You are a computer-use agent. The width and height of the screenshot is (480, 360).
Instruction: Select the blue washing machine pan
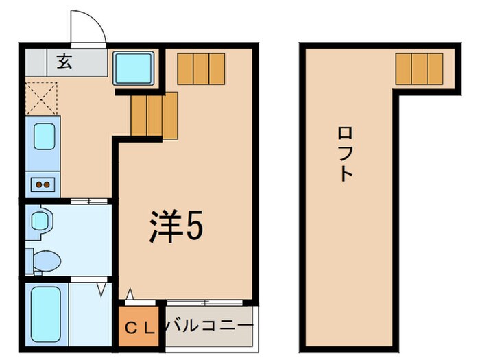click(134, 69)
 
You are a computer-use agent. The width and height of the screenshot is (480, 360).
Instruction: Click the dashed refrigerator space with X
click(41, 98)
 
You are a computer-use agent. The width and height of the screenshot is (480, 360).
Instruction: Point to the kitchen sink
click(43, 137)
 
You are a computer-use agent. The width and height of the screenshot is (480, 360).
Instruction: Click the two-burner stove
click(43, 184)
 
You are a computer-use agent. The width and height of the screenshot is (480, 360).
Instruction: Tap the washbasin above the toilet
click(41, 221)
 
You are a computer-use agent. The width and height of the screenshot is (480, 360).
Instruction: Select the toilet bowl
click(46, 261)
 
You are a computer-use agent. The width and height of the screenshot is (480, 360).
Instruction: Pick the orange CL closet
click(140, 326)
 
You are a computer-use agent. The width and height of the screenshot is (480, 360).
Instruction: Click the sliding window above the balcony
click(204, 302)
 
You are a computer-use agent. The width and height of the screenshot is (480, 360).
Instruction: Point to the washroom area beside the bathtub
click(91, 315)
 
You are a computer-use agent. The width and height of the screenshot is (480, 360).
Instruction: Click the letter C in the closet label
click(130, 326)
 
